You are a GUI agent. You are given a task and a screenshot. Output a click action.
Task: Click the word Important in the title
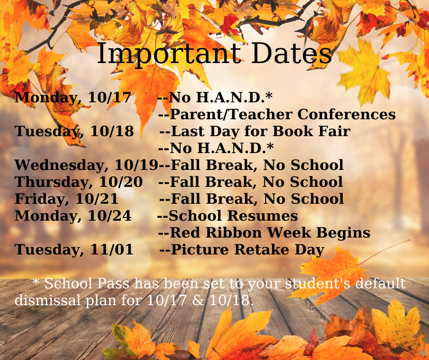pyautogui.click(x=169, y=54)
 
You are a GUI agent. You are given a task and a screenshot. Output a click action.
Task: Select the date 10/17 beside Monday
pyautogui.click(x=110, y=97)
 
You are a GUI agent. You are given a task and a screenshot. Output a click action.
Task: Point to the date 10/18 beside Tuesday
pyautogui.click(x=112, y=131)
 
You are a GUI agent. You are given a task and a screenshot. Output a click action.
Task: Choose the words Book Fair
pyautogui.click(x=311, y=131)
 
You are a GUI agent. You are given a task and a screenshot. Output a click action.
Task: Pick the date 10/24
pyautogui.click(x=110, y=216)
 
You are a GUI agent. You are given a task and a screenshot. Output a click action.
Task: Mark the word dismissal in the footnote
pyautogui.click(x=47, y=300)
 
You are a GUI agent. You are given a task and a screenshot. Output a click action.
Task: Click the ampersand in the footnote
pyautogui.click(x=199, y=300)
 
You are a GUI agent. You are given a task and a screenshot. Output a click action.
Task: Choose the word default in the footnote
pyautogui.click(x=381, y=283)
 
